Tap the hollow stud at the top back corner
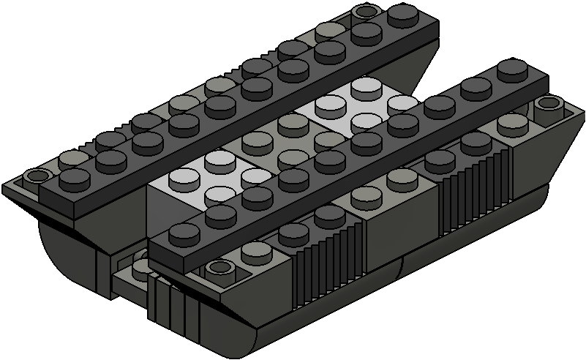[x=364, y=12]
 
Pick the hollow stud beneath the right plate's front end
[x=217, y=269]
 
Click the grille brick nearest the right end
[x=472, y=187]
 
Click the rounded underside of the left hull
[x=66, y=249]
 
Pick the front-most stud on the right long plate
[x=180, y=234]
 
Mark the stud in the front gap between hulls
[x=139, y=267]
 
